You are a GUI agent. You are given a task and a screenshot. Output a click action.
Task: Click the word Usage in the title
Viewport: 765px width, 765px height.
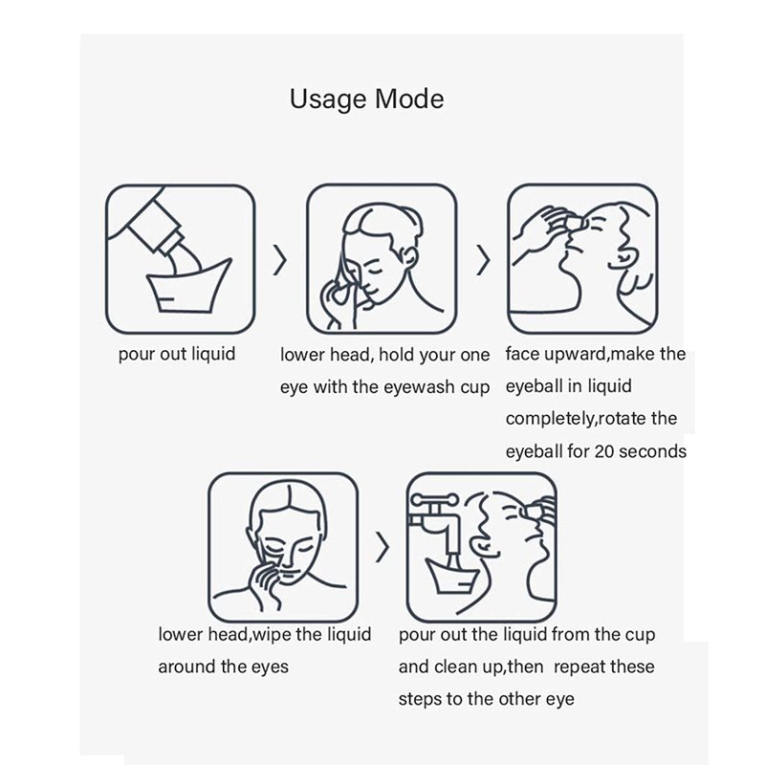pos(328,100)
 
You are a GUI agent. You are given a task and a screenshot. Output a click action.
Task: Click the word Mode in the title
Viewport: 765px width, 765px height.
pos(409,98)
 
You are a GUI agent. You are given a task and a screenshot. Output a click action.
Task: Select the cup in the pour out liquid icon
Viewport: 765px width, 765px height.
pos(187,289)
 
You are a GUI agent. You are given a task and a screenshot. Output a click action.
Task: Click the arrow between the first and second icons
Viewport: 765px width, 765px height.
pos(280,260)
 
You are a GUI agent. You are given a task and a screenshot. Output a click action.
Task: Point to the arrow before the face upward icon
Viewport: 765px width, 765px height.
pos(483,260)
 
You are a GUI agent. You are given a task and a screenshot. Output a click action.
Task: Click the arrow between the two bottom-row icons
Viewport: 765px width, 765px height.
pos(382,547)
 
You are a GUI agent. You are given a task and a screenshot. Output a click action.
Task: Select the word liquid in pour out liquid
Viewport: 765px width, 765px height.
pos(213,353)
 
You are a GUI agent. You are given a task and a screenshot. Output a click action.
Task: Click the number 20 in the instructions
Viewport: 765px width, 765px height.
pos(604,451)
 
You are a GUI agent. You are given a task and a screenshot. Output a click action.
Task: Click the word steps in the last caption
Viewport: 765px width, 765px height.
pos(419,699)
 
